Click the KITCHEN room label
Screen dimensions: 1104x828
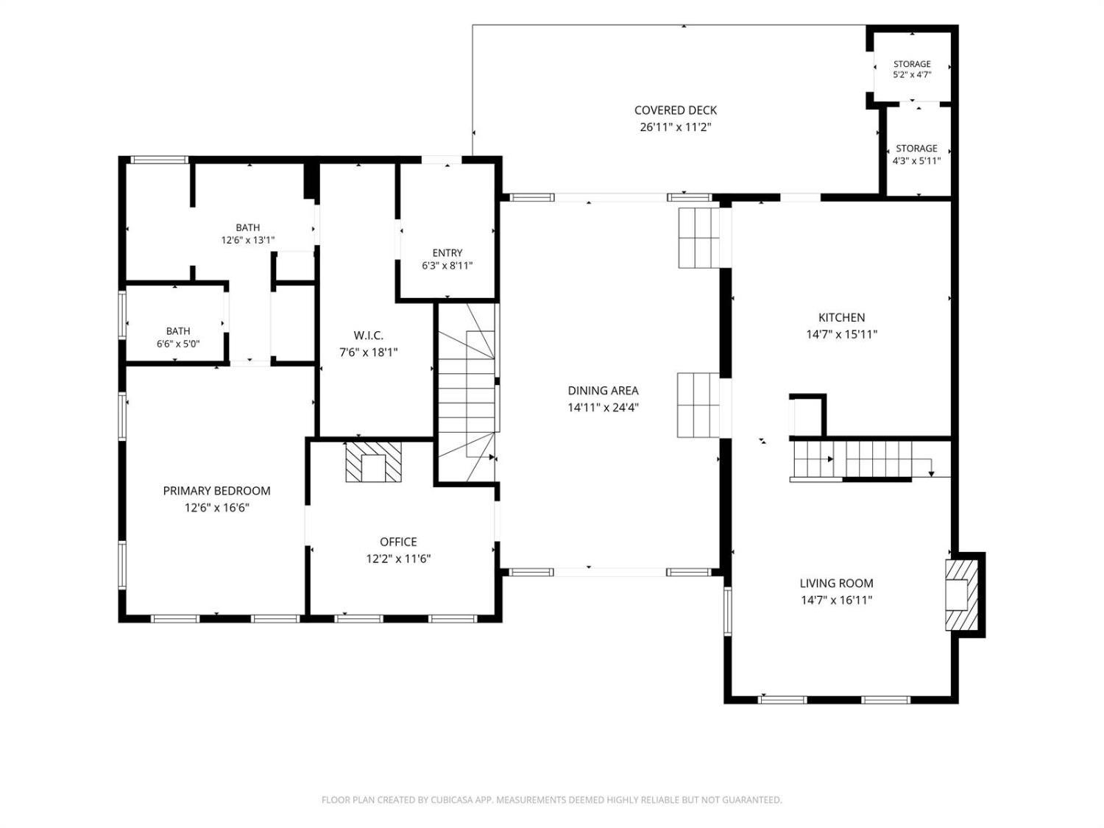click(x=841, y=317)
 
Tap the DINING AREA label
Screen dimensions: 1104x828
click(x=603, y=390)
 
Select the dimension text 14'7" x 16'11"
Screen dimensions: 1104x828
click(x=836, y=600)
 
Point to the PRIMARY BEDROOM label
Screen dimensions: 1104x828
click(x=217, y=491)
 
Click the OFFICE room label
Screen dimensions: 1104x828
click(x=398, y=542)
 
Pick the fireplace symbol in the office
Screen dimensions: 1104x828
click(x=374, y=461)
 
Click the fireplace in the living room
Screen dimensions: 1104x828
click(x=962, y=595)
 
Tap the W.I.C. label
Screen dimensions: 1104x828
click(x=369, y=336)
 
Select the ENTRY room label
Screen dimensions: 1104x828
click(x=447, y=252)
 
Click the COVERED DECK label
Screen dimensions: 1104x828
click(x=676, y=110)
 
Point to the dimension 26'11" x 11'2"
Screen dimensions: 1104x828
click(x=676, y=127)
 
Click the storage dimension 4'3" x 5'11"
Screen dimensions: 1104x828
click(x=916, y=161)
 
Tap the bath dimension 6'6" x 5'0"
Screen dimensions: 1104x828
click(x=178, y=344)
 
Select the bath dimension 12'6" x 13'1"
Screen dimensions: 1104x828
click(x=248, y=241)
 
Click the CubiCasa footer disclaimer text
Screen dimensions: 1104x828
click(x=552, y=799)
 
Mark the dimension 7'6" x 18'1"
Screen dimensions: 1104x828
click(x=369, y=353)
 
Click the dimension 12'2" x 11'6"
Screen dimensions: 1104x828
click(x=398, y=559)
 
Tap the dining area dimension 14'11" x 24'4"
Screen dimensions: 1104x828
click(x=603, y=407)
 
